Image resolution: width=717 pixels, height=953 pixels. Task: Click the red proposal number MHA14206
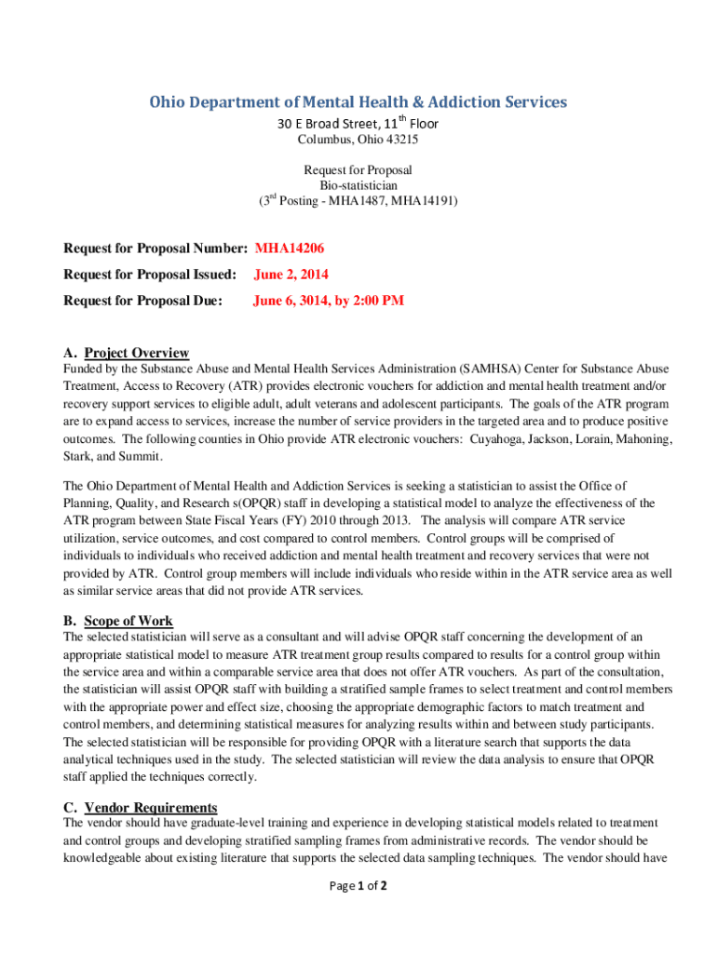[289, 248]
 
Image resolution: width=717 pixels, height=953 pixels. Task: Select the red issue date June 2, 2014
[291, 275]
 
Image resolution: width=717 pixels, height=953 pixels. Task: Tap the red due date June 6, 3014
[329, 301]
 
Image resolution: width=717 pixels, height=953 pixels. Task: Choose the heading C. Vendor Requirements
[140, 807]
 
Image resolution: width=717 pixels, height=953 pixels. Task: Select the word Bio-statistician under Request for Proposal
[358, 185]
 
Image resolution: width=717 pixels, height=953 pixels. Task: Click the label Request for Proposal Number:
[155, 248]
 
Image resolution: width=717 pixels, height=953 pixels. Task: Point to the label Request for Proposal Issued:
[150, 275]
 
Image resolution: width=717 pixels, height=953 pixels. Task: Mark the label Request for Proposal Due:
[142, 301]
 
